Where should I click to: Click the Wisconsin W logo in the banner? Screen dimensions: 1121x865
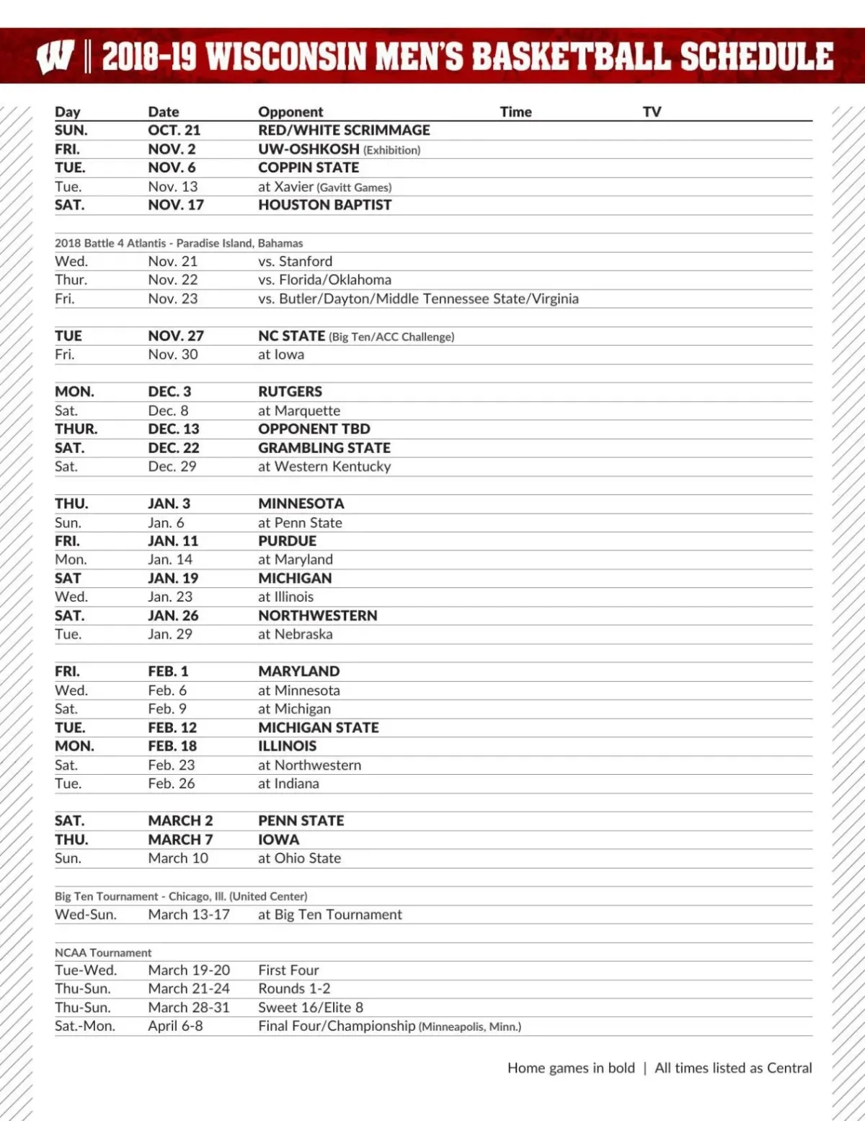pos(55,57)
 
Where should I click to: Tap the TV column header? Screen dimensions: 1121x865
pos(652,112)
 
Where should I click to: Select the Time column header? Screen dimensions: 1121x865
pos(515,112)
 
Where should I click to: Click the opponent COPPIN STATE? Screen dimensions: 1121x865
pos(309,167)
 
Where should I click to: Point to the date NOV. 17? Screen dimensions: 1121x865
pos(176,205)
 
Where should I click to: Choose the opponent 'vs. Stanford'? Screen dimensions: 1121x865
pos(295,261)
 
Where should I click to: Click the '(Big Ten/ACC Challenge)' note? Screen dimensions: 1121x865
pos(391,337)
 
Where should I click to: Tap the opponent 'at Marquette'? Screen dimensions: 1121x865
pos(299,410)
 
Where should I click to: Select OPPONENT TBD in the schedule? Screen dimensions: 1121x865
pos(314,428)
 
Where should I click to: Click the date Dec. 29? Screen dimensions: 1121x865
pos(172,466)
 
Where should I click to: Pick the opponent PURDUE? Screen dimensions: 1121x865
pos(287,541)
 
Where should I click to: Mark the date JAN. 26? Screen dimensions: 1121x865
pos(173,615)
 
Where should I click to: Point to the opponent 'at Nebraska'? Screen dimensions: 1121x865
pos(295,634)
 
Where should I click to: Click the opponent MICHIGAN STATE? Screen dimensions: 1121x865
pos(319,727)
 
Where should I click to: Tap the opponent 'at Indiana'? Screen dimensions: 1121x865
pos(288,783)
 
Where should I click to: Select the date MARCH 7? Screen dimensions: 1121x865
pos(180,840)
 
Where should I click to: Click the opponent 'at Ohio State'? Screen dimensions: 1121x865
pos(299,858)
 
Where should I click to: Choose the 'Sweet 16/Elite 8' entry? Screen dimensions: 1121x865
pos(311,1007)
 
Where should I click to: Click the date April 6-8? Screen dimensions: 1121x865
pos(175,1026)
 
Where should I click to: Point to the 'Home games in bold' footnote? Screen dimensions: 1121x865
pos(571,1068)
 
